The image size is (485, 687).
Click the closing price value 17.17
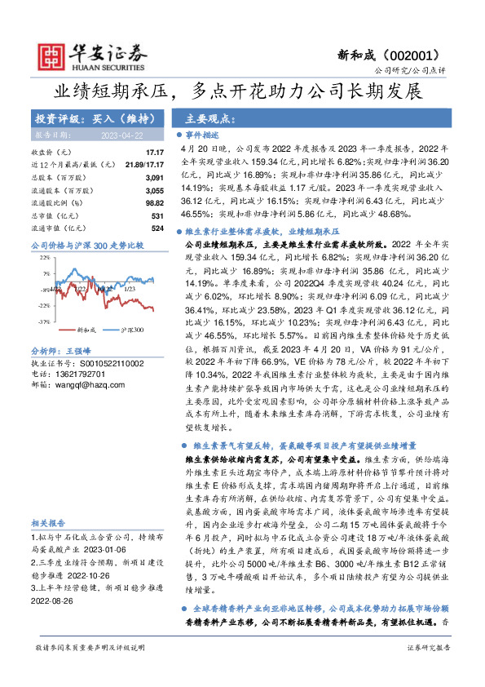tap(154, 153)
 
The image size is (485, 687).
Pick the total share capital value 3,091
tap(155, 177)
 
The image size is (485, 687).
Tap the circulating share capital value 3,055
tap(155, 189)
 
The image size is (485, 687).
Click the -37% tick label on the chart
tap(42, 321)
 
